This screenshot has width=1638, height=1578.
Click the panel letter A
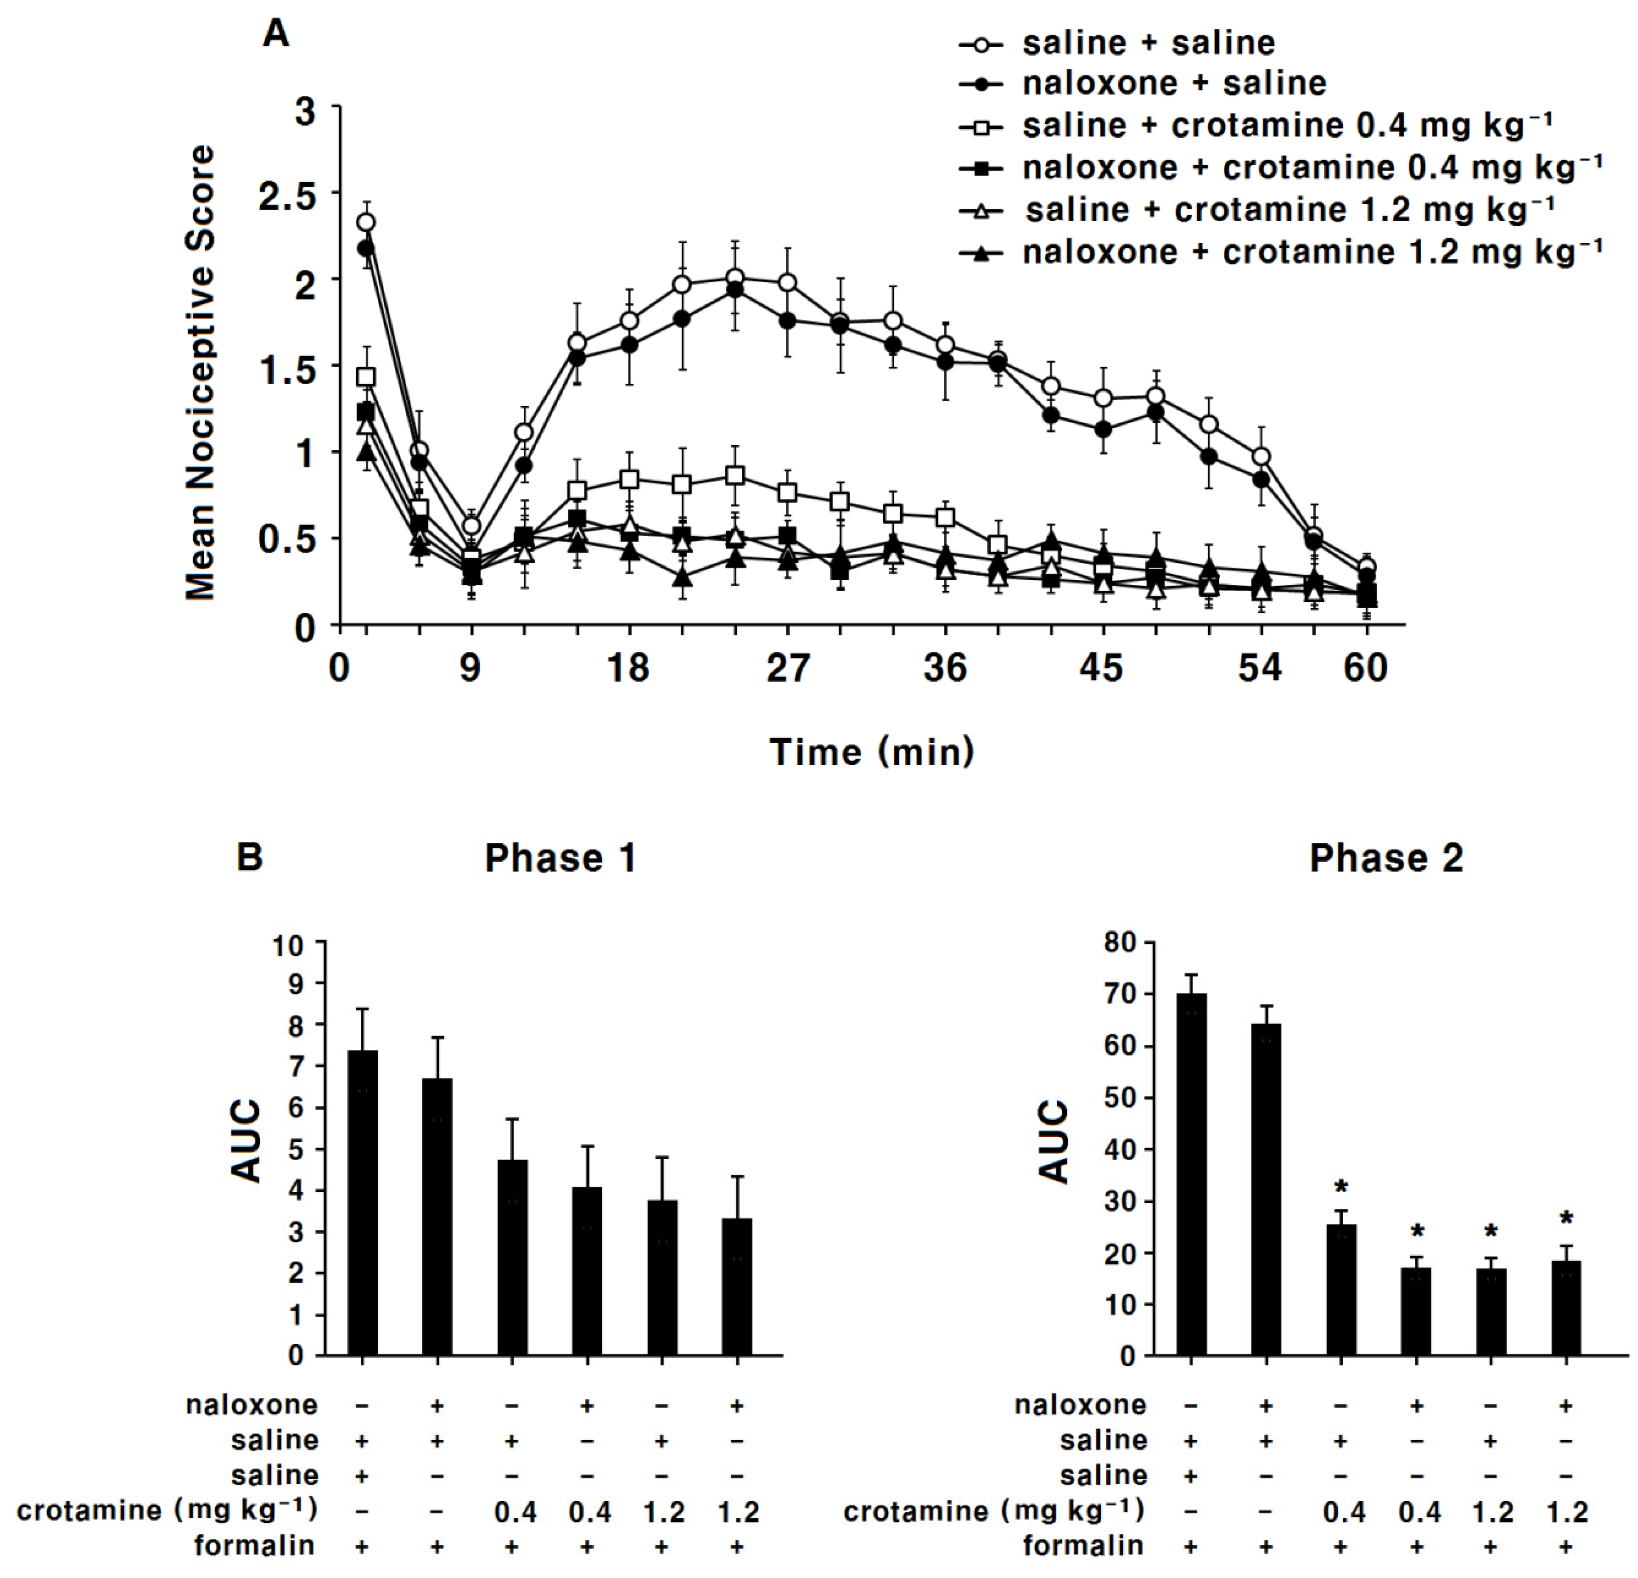coord(276,34)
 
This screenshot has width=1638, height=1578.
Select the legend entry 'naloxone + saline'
coord(1174,83)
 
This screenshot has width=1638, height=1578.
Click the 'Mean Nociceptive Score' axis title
coord(201,373)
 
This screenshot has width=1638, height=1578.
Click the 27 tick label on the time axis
coord(787,668)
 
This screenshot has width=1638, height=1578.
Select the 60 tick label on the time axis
coord(1366,668)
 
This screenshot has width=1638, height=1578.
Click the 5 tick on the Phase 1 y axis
coord(297,1149)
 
